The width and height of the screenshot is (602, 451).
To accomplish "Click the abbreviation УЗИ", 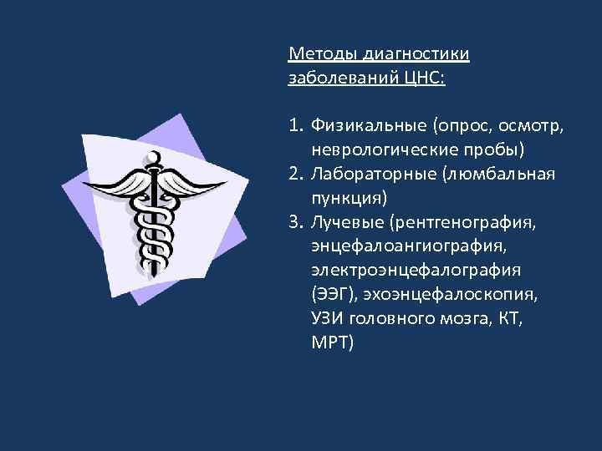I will click(x=326, y=318).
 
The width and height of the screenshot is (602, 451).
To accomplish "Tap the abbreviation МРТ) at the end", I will click(x=333, y=342).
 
